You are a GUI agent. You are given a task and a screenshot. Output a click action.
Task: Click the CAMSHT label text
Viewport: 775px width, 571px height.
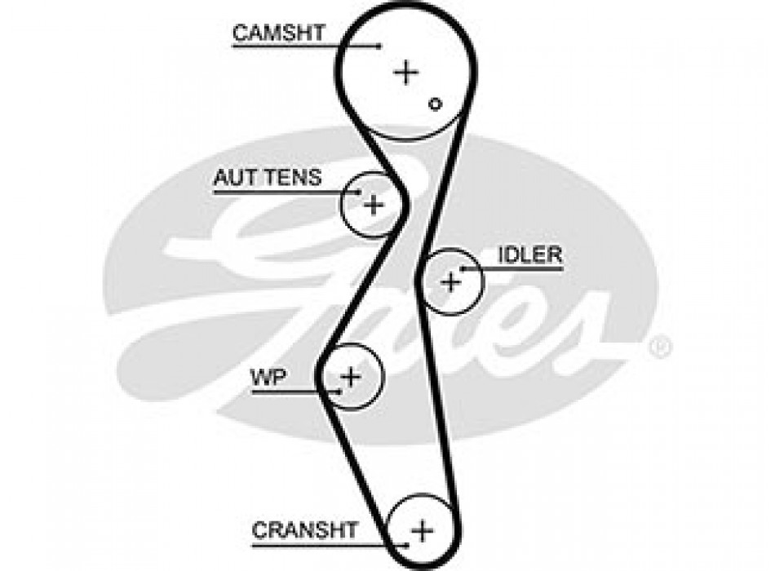point(278,33)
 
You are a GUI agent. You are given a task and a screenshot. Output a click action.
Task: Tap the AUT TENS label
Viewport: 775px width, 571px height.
point(267,178)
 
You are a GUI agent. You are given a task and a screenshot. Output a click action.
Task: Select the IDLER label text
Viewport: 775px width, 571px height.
point(530,255)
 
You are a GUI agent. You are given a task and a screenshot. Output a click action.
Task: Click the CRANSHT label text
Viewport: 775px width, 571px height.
point(304,530)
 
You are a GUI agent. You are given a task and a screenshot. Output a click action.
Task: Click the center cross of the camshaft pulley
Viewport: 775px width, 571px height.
point(405,72)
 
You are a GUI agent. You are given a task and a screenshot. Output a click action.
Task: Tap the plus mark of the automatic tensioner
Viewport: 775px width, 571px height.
point(373,204)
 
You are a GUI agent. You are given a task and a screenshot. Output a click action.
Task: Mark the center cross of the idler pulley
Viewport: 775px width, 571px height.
point(450,281)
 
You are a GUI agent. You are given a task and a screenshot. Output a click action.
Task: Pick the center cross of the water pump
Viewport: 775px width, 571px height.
point(350,377)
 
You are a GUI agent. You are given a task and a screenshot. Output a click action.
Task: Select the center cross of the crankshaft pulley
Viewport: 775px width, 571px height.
point(422,530)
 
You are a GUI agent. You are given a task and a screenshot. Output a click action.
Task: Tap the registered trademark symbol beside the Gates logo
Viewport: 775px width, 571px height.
point(660,348)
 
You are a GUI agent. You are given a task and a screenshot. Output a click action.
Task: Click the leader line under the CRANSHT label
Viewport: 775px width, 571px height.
point(318,544)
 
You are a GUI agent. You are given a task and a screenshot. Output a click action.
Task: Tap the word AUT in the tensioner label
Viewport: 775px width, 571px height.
point(232,178)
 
